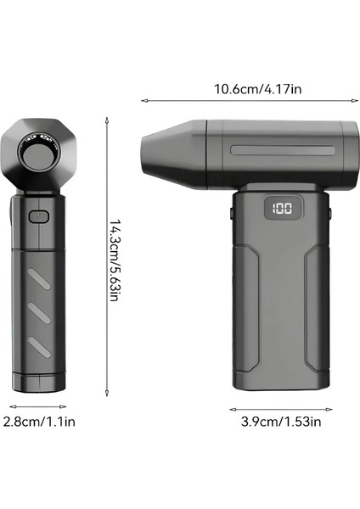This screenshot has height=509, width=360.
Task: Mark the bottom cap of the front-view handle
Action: point(40,383)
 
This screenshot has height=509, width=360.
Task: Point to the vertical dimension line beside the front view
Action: point(104,255)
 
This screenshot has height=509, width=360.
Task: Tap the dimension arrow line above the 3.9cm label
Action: point(279,407)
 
